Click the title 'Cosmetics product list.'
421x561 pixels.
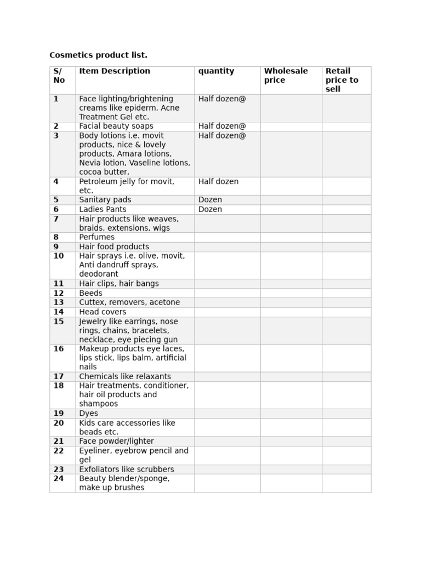pyautogui.click(x=98, y=55)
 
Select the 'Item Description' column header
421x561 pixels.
pyautogui.click(x=115, y=71)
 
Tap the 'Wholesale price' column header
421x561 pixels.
pyautogui.click(x=286, y=76)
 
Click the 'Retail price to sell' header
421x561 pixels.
pyautogui.click(x=342, y=80)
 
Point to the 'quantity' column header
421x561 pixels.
pyautogui.click(x=216, y=71)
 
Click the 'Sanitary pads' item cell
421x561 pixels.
pyautogui.click(x=105, y=200)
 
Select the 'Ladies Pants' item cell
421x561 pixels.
pyautogui.click(x=103, y=209)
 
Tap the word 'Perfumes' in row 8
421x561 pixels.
pyautogui.click(x=97, y=237)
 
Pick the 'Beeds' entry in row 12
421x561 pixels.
pyautogui.click(x=90, y=293)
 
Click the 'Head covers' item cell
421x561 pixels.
pyautogui.click(x=103, y=312)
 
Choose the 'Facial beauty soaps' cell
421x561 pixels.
pyautogui.click(x=116, y=126)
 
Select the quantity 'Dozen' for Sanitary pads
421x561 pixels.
pyautogui.click(x=210, y=200)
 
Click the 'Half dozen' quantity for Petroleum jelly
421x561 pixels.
pyautogui.click(x=218, y=181)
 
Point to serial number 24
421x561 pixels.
pyautogui.click(x=59, y=479)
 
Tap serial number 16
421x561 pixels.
pyautogui.click(x=59, y=349)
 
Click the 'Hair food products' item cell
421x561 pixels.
pyautogui.click(x=114, y=247)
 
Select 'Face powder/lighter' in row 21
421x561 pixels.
pyautogui.click(x=116, y=441)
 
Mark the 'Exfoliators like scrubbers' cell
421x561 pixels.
pyautogui.click(x=127, y=470)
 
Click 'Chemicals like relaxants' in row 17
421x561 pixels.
pyautogui.click(x=125, y=376)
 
